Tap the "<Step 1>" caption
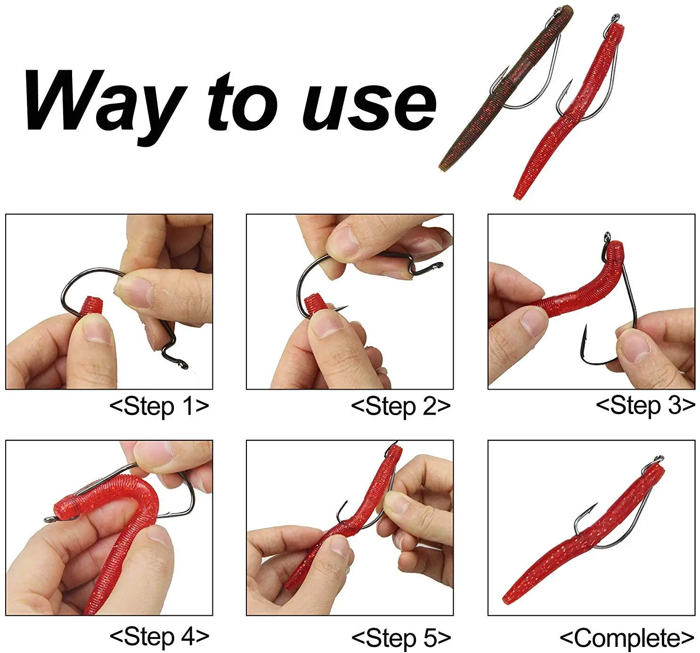(x=159, y=407)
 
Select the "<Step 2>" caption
(x=401, y=407)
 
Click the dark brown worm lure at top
(x=506, y=88)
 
